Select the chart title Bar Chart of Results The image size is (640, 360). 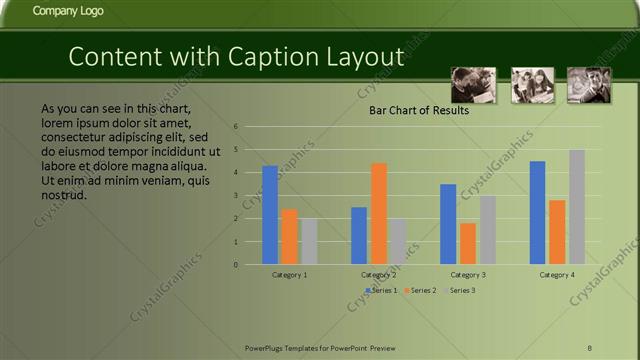click(419, 111)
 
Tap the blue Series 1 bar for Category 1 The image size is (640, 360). click(270, 215)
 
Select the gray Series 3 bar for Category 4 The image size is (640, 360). click(577, 207)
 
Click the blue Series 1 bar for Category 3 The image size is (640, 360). click(448, 224)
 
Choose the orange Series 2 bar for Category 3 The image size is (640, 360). click(467, 244)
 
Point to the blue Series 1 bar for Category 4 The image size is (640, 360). click(537, 213)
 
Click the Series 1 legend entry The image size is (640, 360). click(382, 290)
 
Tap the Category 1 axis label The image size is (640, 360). click(290, 274)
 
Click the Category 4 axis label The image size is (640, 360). click(557, 274)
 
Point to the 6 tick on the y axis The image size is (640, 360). click(235, 127)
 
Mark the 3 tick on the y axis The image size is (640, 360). click(235, 196)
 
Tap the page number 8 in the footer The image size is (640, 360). click(590, 347)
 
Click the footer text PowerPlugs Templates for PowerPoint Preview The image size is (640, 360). click(320, 347)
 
